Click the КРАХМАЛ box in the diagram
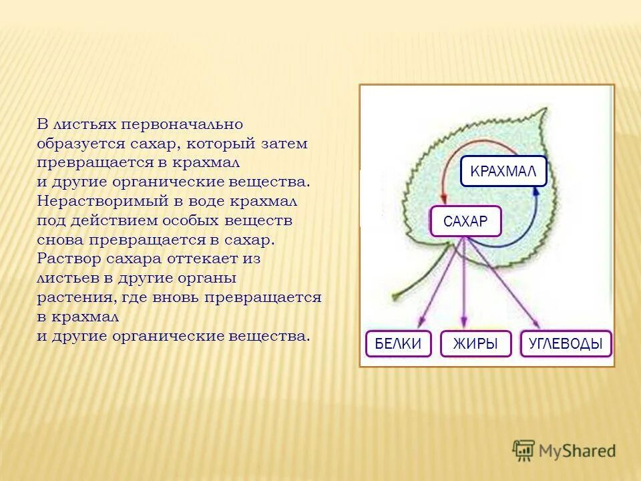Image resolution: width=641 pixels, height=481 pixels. click(x=503, y=171)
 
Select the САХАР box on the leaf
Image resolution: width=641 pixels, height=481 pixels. click(x=465, y=222)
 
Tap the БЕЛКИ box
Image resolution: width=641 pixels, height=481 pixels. click(x=398, y=343)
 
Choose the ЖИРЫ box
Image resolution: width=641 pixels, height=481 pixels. click(x=475, y=343)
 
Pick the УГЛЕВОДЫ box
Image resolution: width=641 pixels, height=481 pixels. click(x=566, y=343)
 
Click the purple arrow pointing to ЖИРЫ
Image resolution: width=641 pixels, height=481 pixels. click(x=465, y=287)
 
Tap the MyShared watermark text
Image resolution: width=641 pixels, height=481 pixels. click(x=577, y=452)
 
